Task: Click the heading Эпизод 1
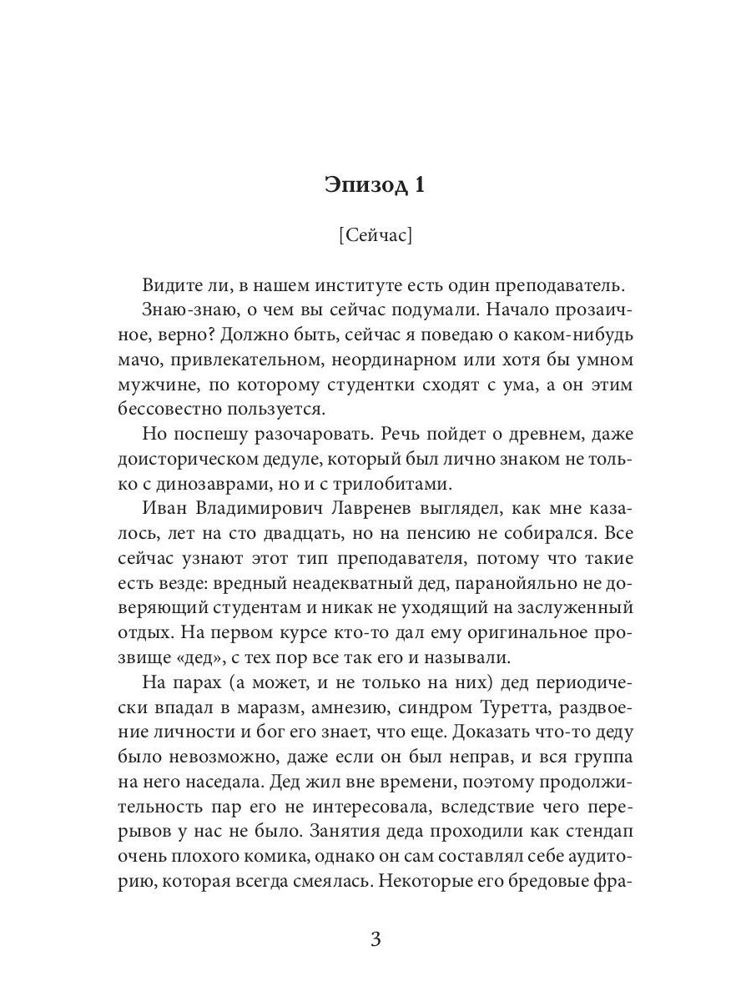click(375, 184)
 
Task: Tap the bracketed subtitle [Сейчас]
click(375, 236)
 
